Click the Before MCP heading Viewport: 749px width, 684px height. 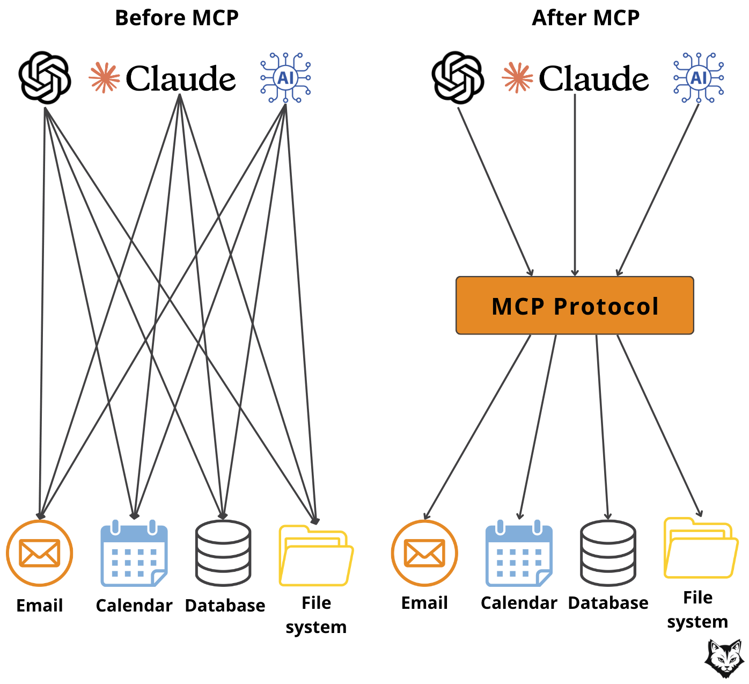coord(177,18)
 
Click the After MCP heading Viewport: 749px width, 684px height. coord(585,18)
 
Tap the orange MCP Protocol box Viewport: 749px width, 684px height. coord(575,305)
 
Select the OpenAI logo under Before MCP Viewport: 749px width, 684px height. coord(45,77)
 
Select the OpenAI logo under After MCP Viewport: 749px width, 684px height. coord(458,77)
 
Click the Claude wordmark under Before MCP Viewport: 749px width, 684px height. coord(181,78)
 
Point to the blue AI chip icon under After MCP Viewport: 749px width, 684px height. coord(699,78)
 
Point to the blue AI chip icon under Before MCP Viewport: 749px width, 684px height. coord(285,78)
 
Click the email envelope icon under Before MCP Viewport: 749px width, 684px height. coord(39,553)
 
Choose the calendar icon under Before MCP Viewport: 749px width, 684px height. coord(134,554)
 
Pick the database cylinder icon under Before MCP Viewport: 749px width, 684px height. coord(223,553)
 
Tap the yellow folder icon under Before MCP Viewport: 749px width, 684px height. coord(315,556)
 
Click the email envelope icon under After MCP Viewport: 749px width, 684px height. coord(424,553)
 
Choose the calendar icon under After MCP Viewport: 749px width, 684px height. coord(519,554)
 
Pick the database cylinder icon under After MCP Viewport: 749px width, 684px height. coord(608,553)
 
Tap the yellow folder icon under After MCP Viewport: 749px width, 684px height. coord(700,549)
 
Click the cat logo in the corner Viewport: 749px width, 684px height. coord(724,658)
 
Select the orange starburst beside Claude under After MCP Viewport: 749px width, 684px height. coord(517,78)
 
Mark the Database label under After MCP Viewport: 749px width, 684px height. coord(608,603)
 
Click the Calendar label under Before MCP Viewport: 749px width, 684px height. coord(134,606)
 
